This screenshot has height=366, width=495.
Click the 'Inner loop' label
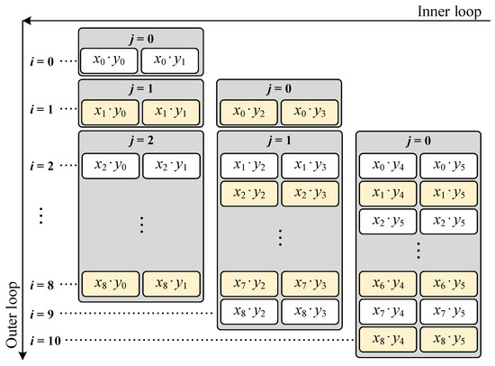(454, 10)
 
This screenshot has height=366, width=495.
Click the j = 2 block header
(140, 141)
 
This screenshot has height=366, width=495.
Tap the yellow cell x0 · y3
(310, 110)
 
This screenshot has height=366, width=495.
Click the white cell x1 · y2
(247, 166)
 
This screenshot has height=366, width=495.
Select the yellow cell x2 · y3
(310, 193)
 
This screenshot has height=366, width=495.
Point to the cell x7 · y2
(247, 285)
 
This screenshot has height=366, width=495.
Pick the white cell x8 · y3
(310, 312)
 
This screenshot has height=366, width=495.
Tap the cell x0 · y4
(386, 166)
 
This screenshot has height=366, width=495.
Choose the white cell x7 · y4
(386, 312)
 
